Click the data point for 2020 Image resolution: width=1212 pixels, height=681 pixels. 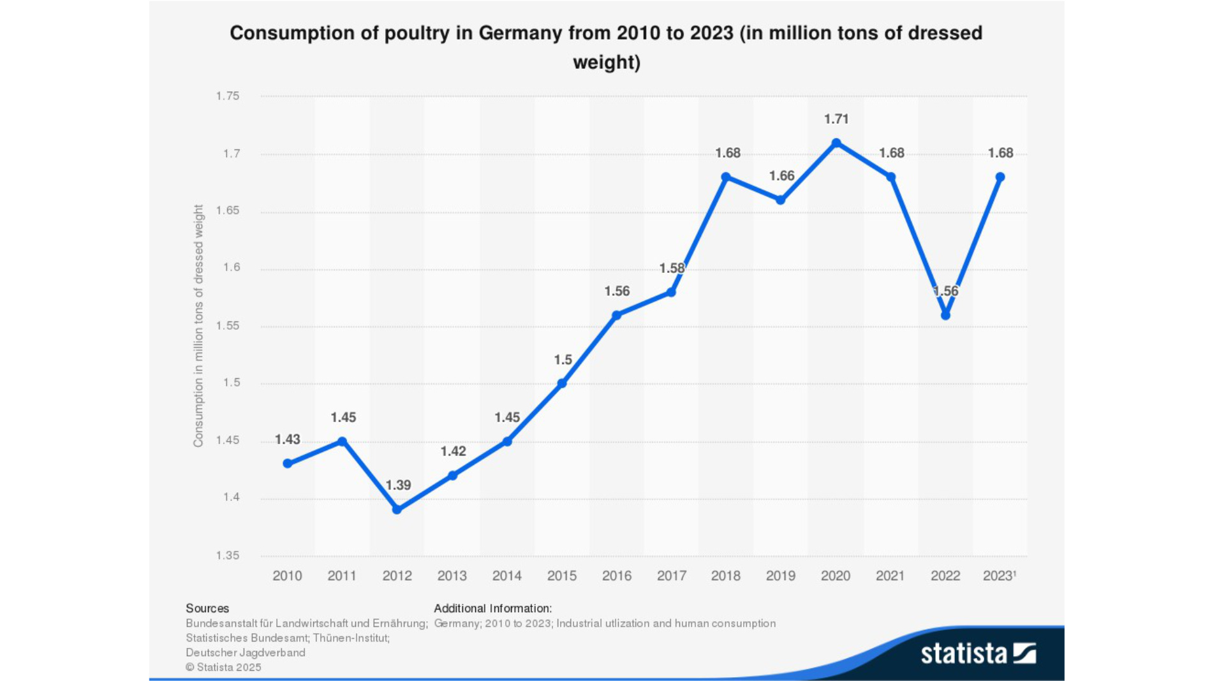click(836, 143)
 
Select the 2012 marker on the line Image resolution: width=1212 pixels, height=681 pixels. click(397, 509)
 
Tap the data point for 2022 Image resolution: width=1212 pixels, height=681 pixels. click(945, 315)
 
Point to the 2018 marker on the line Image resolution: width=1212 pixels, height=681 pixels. click(726, 177)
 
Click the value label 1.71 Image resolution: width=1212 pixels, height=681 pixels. click(836, 119)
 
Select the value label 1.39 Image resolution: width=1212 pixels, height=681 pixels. click(398, 485)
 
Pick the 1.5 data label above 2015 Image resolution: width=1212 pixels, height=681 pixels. click(563, 360)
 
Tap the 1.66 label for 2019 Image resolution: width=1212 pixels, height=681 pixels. click(781, 176)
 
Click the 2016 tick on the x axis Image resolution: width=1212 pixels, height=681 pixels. click(616, 576)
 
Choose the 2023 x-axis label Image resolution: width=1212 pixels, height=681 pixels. click(998, 576)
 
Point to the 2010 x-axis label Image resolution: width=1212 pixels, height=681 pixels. click(287, 576)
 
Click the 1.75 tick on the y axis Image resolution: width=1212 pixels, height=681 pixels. click(228, 96)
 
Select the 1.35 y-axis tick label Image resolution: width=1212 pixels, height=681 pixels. click(228, 555)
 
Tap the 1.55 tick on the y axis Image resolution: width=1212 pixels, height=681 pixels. click(228, 326)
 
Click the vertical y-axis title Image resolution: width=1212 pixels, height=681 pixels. click(198, 325)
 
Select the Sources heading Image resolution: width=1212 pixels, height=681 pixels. click(207, 608)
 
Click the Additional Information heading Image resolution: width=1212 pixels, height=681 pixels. click(492, 608)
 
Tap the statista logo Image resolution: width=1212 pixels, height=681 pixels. click(977, 654)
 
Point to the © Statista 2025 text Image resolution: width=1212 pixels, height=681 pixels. click(223, 667)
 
